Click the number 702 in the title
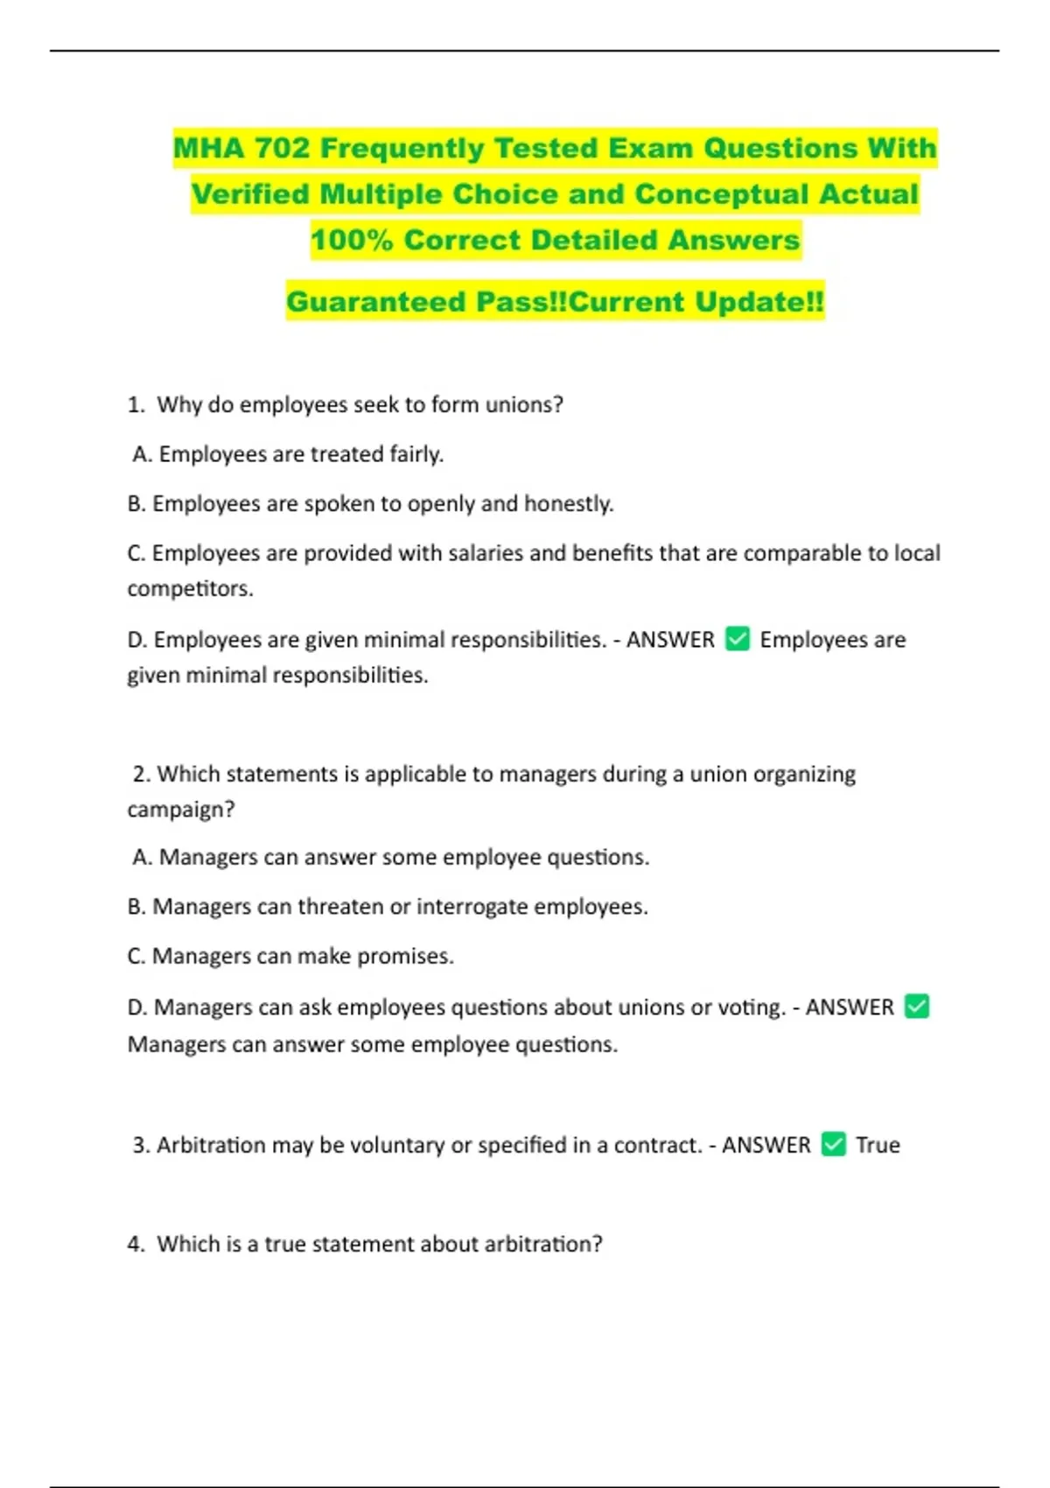click(x=282, y=148)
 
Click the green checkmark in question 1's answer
click(x=738, y=639)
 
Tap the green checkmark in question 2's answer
click(x=916, y=1007)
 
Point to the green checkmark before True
click(x=834, y=1144)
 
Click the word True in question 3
click(x=878, y=1145)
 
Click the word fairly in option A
click(x=416, y=454)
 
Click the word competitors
click(x=189, y=589)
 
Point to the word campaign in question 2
click(x=179, y=810)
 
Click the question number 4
click(x=136, y=1244)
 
